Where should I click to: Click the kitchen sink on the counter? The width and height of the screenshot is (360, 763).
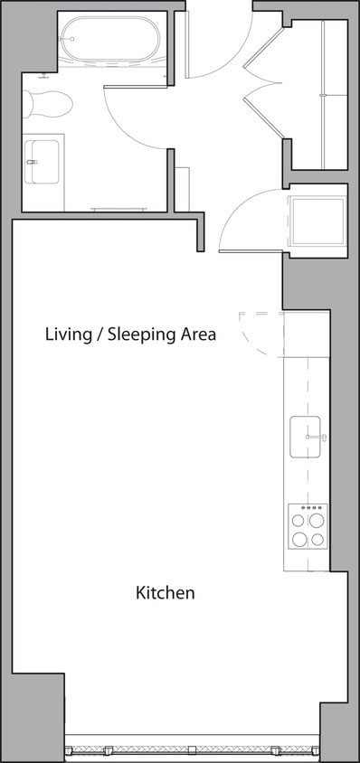coord(306,438)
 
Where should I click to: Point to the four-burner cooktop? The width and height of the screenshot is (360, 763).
coord(307,528)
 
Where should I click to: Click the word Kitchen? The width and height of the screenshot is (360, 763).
coord(166,593)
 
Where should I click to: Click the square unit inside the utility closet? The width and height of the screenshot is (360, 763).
coord(317,221)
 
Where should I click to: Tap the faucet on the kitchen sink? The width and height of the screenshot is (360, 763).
coord(316,438)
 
